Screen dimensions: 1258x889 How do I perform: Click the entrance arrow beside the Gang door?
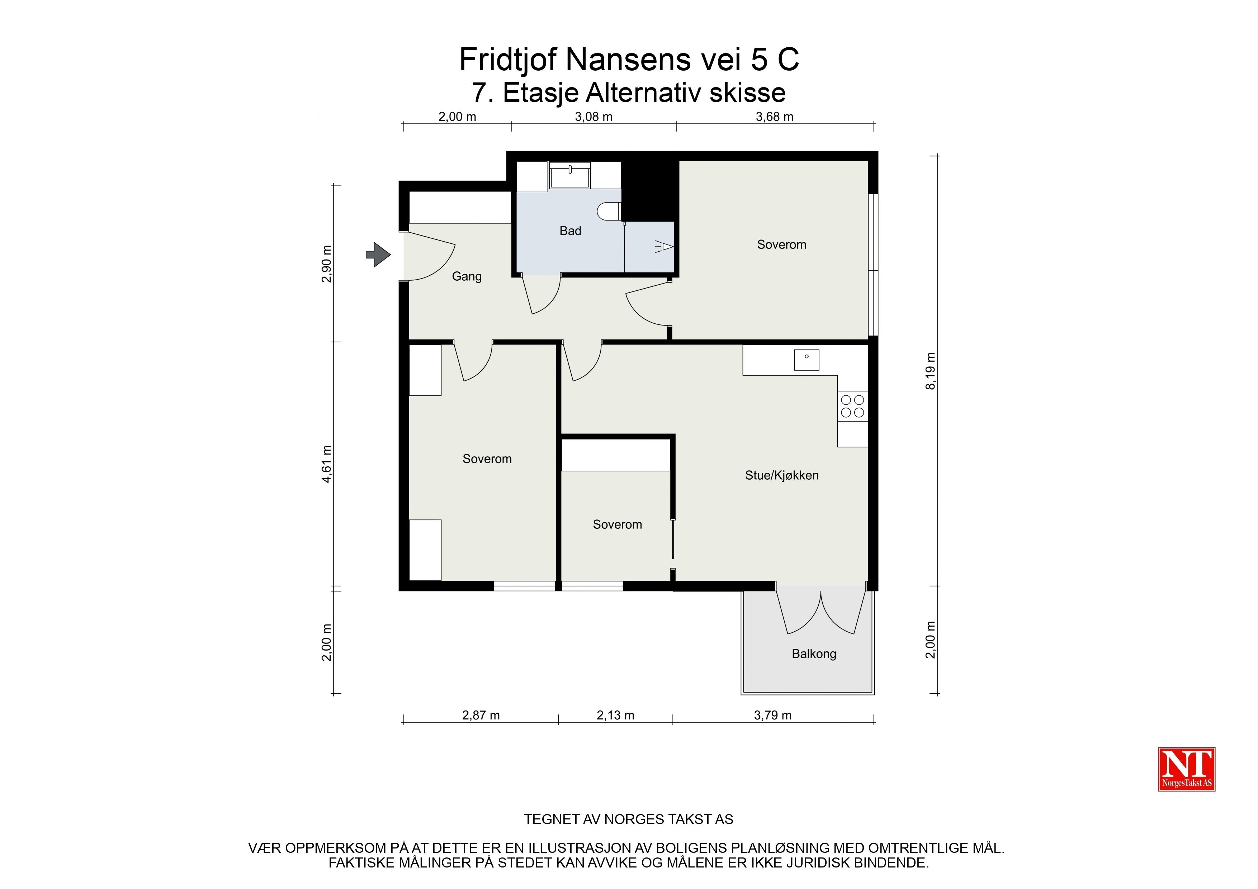click(378, 255)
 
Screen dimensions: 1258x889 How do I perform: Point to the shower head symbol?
click(664, 247)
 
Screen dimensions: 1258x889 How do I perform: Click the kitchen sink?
click(807, 360)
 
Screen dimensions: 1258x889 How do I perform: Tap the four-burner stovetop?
click(852, 406)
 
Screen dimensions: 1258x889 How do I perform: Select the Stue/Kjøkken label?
click(782, 475)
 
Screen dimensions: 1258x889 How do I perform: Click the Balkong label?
click(814, 654)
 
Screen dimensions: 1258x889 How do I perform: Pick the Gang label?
click(467, 277)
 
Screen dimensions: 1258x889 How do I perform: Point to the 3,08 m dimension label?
click(593, 117)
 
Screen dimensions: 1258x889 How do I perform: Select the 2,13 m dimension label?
click(615, 716)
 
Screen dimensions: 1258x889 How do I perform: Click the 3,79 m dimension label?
click(772, 716)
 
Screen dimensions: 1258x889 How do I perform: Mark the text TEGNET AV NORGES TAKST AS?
click(628, 819)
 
